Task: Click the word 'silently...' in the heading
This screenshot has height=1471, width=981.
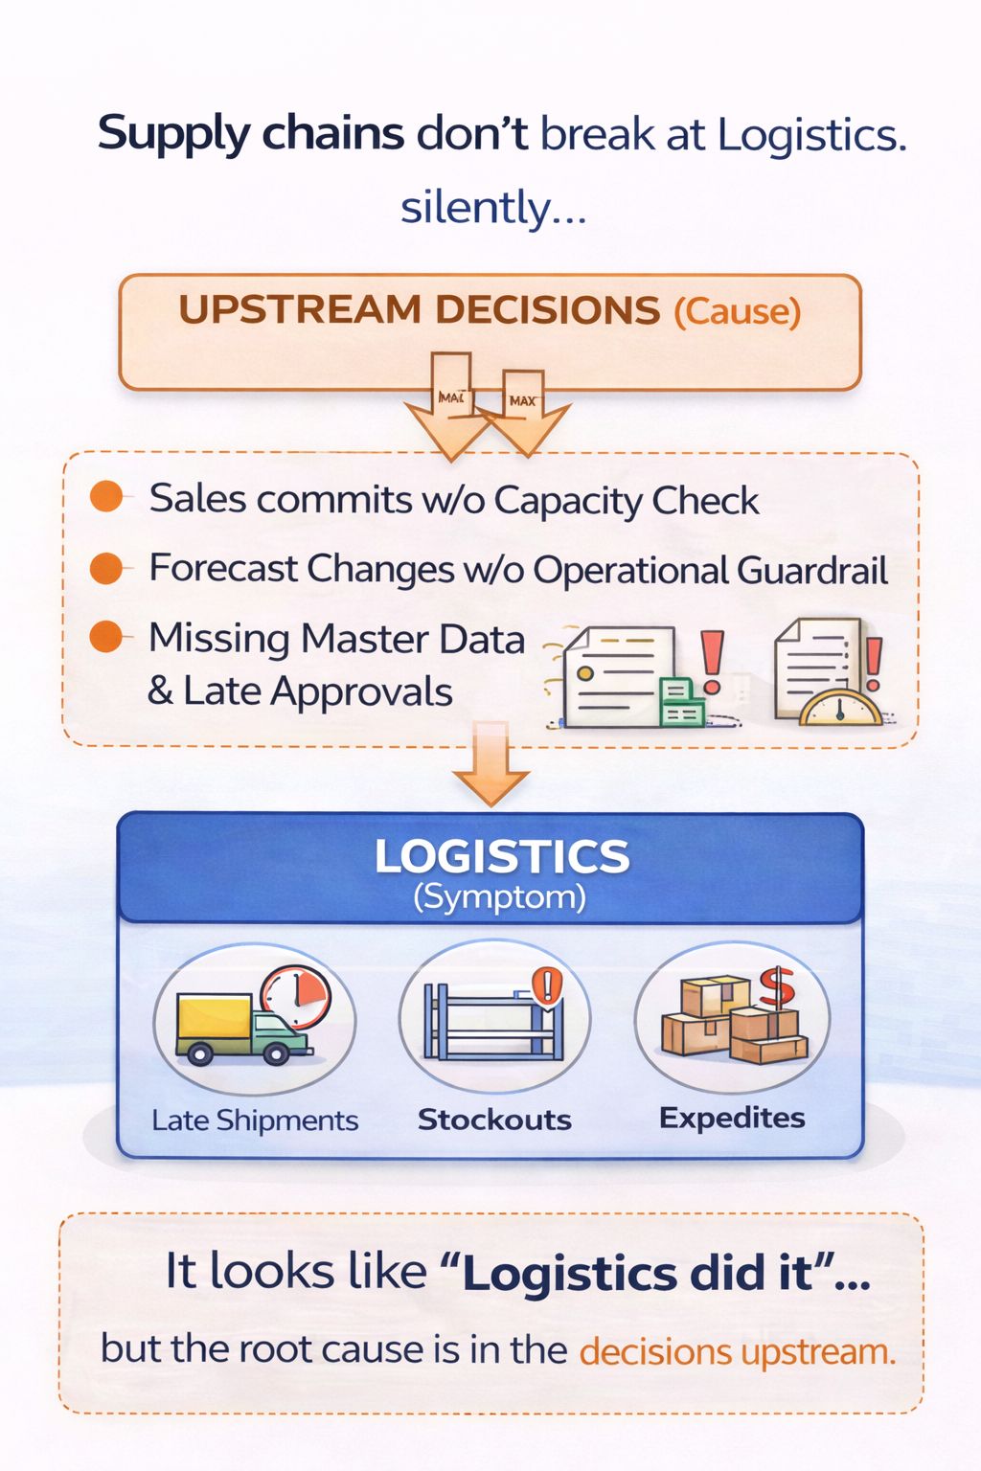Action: tap(493, 208)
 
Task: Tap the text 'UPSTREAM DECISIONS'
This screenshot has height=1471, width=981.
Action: tap(419, 310)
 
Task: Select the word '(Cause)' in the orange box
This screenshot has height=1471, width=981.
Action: tap(737, 312)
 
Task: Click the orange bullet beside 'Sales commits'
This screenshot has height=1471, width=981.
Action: tap(106, 497)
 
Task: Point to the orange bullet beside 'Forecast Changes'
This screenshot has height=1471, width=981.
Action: tap(106, 568)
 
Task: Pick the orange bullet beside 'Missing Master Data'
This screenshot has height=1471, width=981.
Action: tap(106, 637)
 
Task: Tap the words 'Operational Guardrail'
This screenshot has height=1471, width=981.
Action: tap(710, 571)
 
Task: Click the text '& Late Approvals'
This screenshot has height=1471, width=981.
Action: tap(300, 691)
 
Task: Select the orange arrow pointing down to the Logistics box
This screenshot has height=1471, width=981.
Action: tap(490, 766)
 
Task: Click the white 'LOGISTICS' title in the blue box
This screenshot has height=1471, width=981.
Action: tap(501, 856)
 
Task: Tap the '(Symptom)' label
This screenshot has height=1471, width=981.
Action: tap(499, 897)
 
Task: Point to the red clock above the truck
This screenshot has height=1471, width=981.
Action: tap(296, 996)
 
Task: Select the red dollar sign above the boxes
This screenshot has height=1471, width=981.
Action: tap(777, 987)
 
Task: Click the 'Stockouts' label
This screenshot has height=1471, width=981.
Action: tap(494, 1120)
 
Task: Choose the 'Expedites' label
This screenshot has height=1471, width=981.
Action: tap(732, 1118)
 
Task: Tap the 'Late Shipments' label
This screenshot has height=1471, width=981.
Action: tap(255, 1120)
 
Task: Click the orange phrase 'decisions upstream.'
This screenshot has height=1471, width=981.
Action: tap(737, 1351)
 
